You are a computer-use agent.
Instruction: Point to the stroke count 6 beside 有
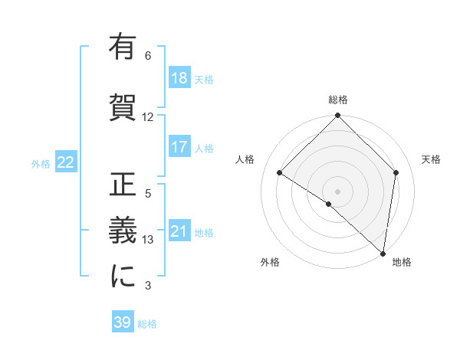148,56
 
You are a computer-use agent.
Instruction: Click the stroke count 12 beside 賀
148,117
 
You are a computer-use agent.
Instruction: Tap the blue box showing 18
179,77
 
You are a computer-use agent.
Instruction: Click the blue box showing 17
179,146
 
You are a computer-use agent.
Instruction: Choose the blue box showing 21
179,231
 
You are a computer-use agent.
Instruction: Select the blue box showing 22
66,162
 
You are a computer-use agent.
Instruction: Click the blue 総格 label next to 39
147,324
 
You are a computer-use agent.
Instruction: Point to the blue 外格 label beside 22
41,163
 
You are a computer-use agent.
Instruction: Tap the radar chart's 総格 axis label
338,100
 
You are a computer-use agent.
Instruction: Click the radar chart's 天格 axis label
432,159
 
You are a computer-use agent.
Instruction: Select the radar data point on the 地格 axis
383,254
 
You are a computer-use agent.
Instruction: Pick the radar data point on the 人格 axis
280,173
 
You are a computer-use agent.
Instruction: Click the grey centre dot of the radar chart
337,191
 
